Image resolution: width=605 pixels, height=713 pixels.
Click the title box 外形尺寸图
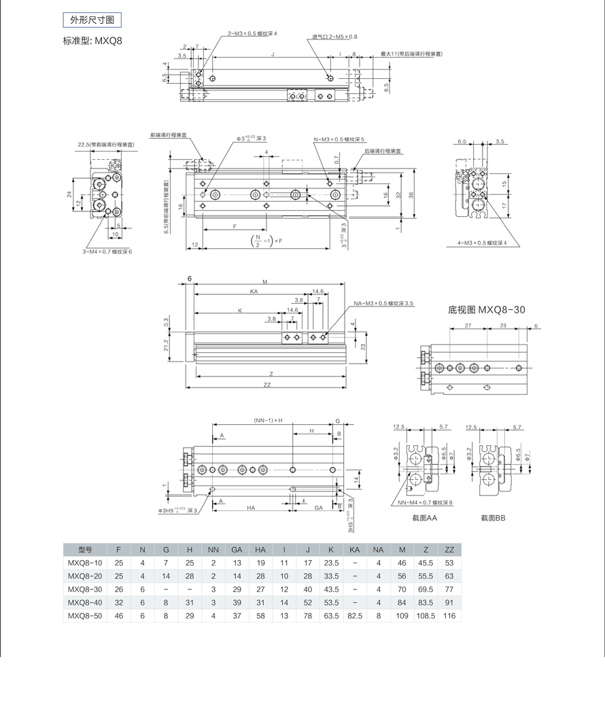91,20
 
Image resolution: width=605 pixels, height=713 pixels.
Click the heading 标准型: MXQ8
92,41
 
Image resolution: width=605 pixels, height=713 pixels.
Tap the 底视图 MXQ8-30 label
487,310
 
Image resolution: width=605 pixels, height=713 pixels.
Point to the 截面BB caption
493,518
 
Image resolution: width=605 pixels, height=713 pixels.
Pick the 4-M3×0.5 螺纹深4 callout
483,242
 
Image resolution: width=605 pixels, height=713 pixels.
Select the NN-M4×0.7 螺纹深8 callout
421,503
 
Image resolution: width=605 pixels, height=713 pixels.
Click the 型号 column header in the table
85,549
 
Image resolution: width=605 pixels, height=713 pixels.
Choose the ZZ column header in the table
449,549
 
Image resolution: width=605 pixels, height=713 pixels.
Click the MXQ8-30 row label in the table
85,589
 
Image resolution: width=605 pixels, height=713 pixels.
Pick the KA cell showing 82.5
355,615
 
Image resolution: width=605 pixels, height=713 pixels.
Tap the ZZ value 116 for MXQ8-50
449,615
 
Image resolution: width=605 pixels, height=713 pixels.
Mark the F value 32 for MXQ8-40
119,602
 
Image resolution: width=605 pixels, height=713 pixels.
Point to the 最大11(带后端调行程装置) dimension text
411,53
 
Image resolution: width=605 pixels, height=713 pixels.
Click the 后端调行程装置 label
382,151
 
